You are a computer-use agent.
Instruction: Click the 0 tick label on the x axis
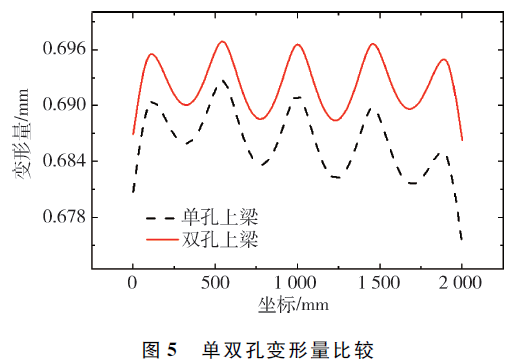coord(132,283)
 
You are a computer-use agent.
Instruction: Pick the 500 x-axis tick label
coord(215,283)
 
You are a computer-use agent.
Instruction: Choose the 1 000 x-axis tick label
coord(295,283)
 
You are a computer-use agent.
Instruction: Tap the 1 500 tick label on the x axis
coord(378,283)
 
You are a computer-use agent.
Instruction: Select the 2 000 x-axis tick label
coord(460,283)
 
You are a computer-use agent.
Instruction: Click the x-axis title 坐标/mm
coord(293,305)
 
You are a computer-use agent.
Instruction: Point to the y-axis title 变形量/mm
coord(22,134)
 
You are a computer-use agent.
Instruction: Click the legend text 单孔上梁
coord(220,218)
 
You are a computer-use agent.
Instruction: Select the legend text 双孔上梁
coord(220,239)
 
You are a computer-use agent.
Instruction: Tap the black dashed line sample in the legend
coord(160,218)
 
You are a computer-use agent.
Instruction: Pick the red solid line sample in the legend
coord(162,239)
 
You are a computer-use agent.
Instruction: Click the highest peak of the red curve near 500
coord(222,41)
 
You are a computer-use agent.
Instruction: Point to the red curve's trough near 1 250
coord(335,120)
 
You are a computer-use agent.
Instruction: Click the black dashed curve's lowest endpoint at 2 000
coord(462,240)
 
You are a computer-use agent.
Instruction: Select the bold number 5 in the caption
coord(172,350)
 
